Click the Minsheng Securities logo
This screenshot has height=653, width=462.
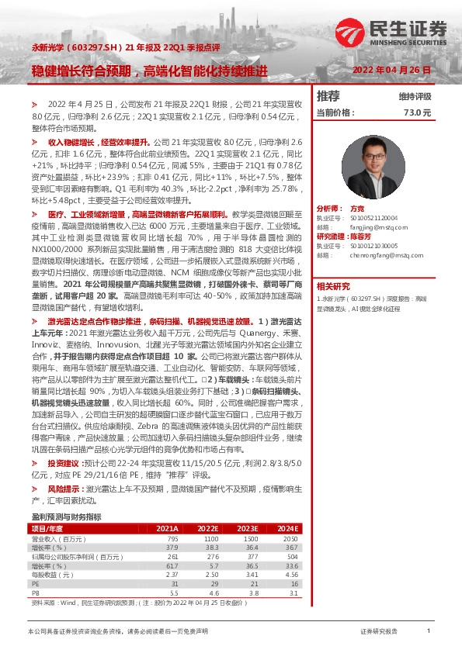[x=391, y=33]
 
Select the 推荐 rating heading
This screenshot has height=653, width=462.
[x=328, y=96]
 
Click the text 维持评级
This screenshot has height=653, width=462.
[x=415, y=97]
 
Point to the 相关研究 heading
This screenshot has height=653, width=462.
[x=333, y=285]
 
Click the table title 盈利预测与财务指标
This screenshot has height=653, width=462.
[x=66, y=516]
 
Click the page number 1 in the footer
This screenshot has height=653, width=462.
[x=429, y=632]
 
